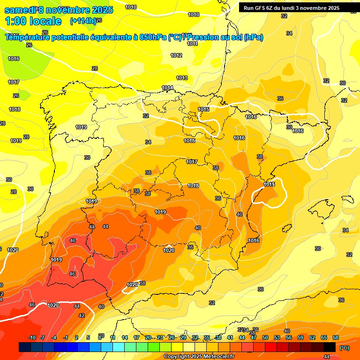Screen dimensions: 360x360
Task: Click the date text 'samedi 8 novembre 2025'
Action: click(x=59, y=10)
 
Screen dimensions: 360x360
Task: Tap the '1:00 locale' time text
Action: click(x=33, y=21)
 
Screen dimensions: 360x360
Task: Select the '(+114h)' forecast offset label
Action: click(x=83, y=21)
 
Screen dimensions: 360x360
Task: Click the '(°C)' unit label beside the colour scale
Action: click(x=344, y=348)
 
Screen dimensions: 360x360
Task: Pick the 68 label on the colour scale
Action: click(x=336, y=337)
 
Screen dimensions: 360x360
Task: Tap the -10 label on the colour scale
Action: click(x=32, y=337)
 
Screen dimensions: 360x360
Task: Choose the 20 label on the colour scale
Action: click(x=148, y=337)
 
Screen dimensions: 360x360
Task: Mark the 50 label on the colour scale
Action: click(x=265, y=337)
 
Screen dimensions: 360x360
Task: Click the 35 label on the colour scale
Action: click(x=207, y=337)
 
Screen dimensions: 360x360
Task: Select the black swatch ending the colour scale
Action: click(x=330, y=347)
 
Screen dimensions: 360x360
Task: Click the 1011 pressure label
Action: click(x=192, y=44)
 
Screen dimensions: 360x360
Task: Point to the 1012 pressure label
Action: click(x=176, y=55)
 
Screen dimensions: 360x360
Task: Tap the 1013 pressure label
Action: click(x=182, y=78)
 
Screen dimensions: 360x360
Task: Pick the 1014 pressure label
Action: click(x=167, y=88)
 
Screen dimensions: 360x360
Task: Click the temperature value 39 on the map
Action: click(x=136, y=191)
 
